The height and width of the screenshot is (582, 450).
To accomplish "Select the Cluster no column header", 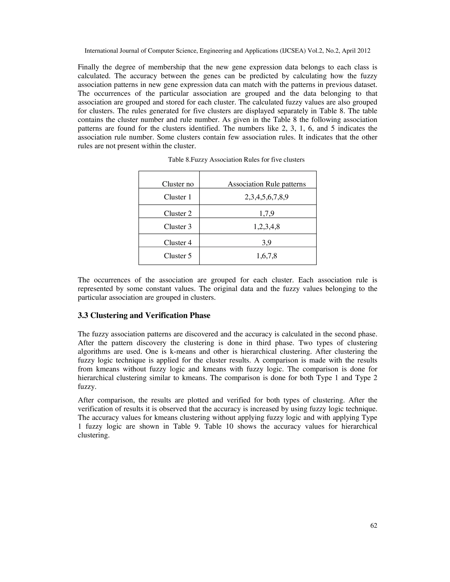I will pos(178,184).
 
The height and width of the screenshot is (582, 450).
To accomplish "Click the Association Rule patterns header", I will pos(266,184).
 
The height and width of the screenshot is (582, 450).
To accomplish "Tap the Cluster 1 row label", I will pos(178,197).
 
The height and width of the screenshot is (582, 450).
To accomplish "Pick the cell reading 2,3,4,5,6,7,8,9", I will pos(266,197).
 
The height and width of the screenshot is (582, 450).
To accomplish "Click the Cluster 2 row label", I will pos(178,213).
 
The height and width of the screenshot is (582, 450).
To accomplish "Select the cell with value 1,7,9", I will pos(266,213).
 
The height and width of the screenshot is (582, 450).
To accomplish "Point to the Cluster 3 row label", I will pos(178,226).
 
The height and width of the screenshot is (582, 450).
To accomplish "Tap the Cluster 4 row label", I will pos(178,242).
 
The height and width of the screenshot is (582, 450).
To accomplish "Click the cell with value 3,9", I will pos(266,242).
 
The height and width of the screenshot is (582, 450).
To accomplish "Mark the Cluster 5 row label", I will pos(178,256).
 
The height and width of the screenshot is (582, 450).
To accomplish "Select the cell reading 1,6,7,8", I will pos(266,256).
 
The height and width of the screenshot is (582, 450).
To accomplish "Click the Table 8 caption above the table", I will pos(236,160).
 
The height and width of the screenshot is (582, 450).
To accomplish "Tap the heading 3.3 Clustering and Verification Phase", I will pos(144,316).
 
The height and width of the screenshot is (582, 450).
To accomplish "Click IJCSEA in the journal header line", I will pos(293,51).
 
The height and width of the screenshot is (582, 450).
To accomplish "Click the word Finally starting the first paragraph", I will pos(88,67).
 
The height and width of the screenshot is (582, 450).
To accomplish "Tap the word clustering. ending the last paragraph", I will pos(94,435).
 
